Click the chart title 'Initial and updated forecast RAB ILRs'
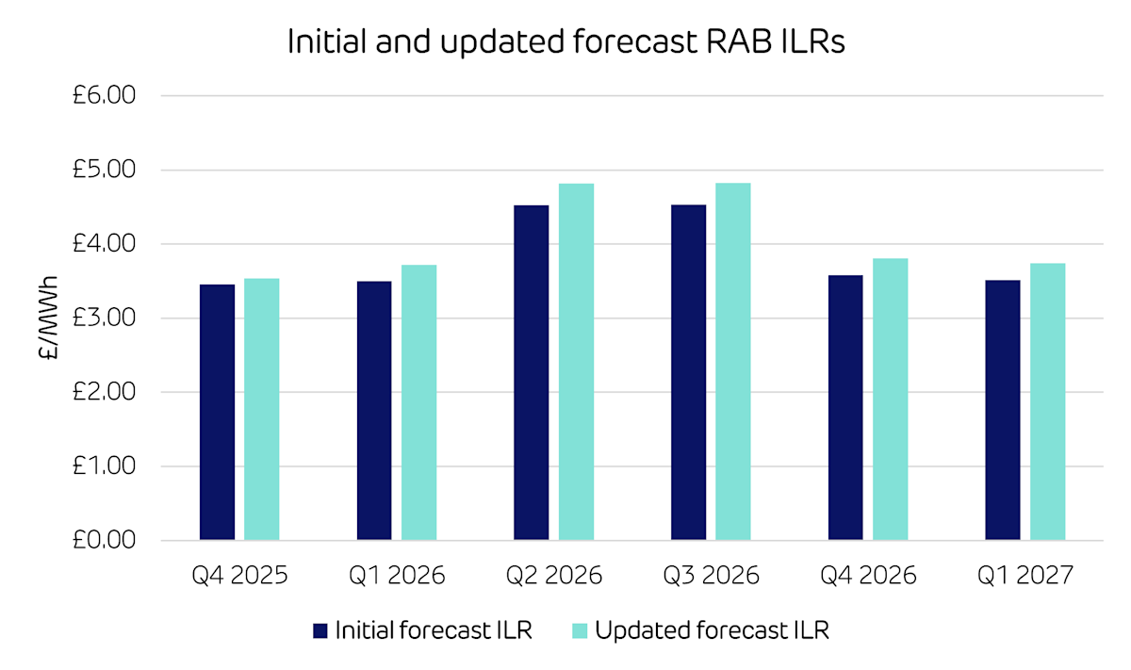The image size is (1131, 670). tap(565, 43)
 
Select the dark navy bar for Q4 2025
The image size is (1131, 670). tap(218, 413)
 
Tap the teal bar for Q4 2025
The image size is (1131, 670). tap(262, 409)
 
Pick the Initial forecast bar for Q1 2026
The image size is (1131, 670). tap(374, 411)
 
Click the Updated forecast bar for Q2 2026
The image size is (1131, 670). tap(576, 362)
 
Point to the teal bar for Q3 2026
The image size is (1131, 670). tap(733, 362)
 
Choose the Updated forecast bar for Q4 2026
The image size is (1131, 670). tap(890, 400)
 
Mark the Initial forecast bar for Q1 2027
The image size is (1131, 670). tap(1002, 411)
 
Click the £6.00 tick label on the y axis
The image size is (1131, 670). tap(105, 96)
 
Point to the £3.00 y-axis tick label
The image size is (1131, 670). tap(105, 319)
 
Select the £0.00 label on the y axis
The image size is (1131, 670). tap(105, 541)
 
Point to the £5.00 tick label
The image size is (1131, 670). tap(105, 171)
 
